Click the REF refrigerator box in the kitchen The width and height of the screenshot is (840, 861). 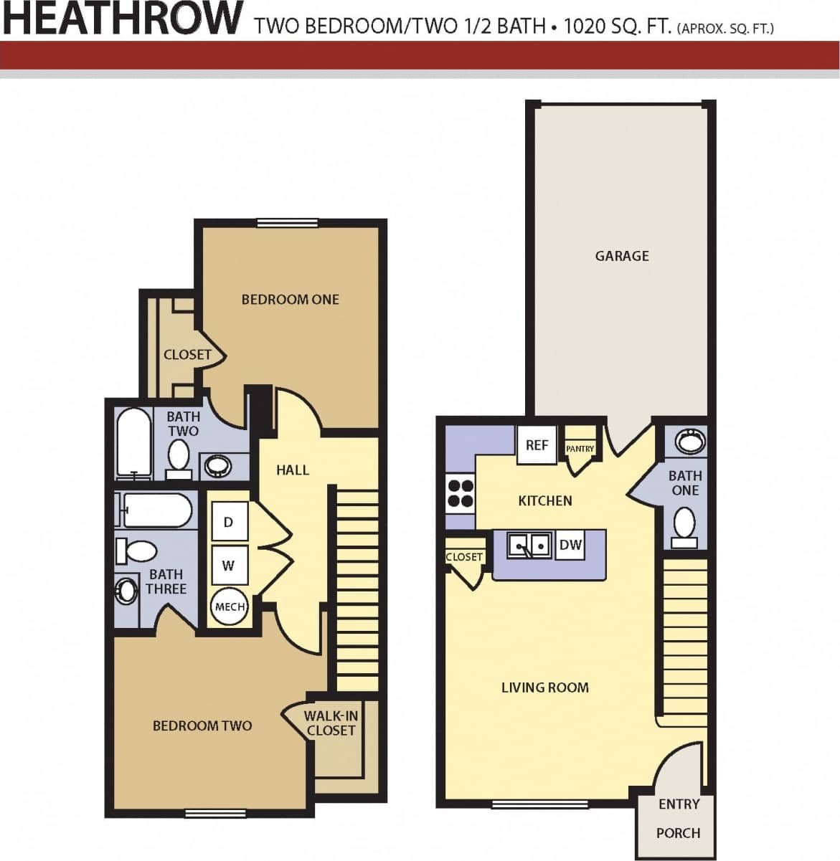click(x=537, y=445)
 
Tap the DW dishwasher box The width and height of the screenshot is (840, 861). click(x=570, y=545)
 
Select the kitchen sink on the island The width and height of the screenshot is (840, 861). click(x=530, y=546)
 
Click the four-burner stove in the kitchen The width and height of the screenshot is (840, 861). click(x=461, y=493)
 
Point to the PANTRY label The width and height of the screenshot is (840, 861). click(x=580, y=449)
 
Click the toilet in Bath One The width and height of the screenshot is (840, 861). click(x=684, y=525)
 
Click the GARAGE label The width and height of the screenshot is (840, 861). click(x=622, y=256)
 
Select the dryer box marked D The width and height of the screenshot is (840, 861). click(x=229, y=522)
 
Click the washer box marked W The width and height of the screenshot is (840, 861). click(x=229, y=565)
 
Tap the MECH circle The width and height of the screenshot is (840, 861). click(x=230, y=606)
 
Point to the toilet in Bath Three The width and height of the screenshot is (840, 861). click(x=137, y=551)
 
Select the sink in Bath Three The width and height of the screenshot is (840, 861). click(x=127, y=591)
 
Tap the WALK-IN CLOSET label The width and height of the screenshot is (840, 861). click(x=331, y=723)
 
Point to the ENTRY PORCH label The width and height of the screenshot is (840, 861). click(x=679, y=818)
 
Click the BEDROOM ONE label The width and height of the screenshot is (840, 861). click(x=290, y=300)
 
